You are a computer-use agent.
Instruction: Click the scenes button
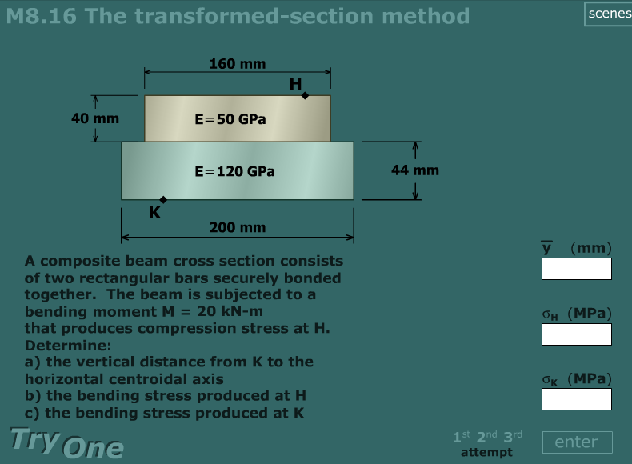[x=608, y=14]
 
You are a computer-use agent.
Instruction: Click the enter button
[x=576, y=442]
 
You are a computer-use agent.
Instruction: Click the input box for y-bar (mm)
[x=576, y=269]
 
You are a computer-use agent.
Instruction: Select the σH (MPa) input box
[x=576, y=334]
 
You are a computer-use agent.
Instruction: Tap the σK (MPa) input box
[x=576, y=399]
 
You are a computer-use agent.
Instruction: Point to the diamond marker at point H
[x=305, y=95]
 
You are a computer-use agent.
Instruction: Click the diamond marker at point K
[x=163, y=199]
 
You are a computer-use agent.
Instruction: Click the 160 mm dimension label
[x=238, y=64]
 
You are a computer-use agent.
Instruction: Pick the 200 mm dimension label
[x=238, y=228]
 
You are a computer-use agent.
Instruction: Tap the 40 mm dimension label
[x=95, y=118]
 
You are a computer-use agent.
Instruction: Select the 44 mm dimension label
[x=414, y=170]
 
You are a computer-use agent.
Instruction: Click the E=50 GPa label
[x=230, y=118]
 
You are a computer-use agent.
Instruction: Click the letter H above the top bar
[x=295, y=84]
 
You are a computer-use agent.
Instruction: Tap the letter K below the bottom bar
[x=154, y=213]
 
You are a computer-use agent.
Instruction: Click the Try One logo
[x=66, y=442]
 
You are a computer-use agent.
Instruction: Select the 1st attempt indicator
[x=461, y=436]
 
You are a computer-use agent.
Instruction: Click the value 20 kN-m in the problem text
[x=229, y=311]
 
